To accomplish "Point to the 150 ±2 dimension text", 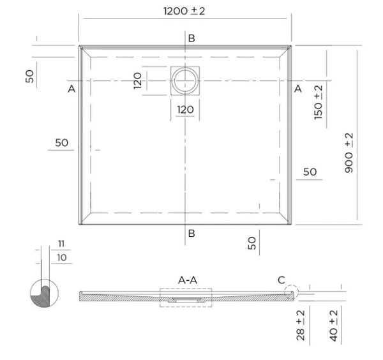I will [x=318, y=101].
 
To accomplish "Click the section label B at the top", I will [x=191, y=38].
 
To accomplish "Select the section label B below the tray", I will [x=191, y=233].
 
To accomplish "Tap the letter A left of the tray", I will [x=71, y=88].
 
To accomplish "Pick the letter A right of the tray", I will [x=297, y=88].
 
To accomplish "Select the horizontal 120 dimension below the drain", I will [x=185, y=109].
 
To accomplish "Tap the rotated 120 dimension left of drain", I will [x=137, y=80].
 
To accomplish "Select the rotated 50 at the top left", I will [x=29, y=76].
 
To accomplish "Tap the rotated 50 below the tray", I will [x=252, y=242].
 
